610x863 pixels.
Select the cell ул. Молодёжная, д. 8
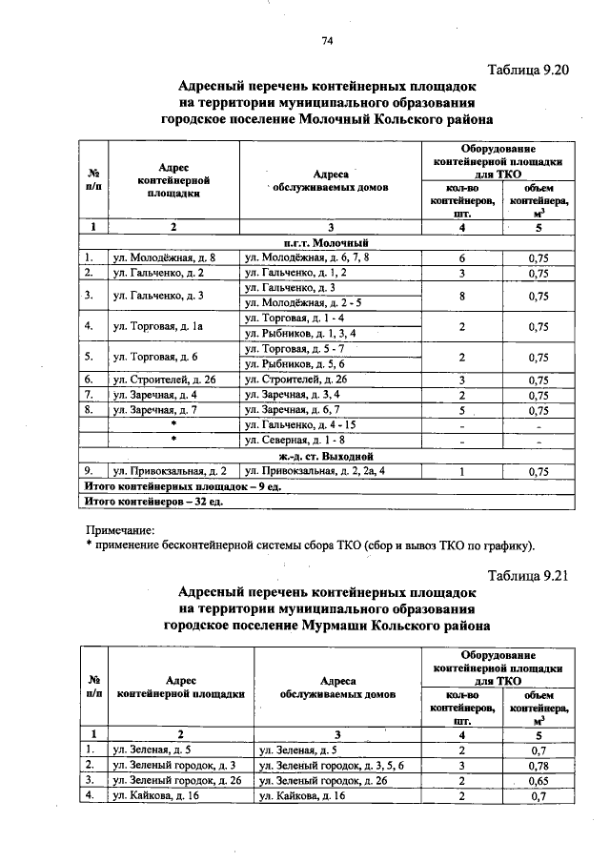point(163,258)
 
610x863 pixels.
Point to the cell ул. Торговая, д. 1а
point(159,326)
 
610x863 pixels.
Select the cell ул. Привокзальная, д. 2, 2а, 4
point(315,471)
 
